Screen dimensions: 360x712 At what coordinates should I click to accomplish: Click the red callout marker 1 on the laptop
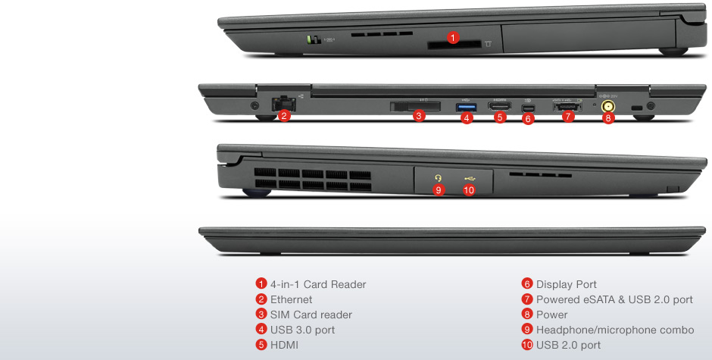[x=453, y=36]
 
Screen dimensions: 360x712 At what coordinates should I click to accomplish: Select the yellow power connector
[x=607, y=107]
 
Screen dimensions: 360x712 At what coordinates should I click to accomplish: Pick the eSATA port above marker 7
[x=567, y=107]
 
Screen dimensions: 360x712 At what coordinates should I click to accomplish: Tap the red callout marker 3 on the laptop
[x=418, y=116]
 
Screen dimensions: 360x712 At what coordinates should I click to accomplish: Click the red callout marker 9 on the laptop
[x=439, y=189]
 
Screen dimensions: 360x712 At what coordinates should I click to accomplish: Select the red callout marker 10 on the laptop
[x=468, y=189]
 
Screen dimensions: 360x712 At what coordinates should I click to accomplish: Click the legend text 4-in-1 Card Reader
[x=318, y=284]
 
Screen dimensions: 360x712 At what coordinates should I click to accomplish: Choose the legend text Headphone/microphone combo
[x=614, y=330]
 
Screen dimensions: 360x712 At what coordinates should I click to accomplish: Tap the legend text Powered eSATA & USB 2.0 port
[x=614, y=299]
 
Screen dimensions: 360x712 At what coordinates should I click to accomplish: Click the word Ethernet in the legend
[x=291, y=299]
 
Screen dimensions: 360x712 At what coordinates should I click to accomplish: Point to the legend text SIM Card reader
[x=311, y=315]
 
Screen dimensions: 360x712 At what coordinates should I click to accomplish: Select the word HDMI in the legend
[x=286, y=345]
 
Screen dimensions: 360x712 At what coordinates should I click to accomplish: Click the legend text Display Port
[x=567, y=284]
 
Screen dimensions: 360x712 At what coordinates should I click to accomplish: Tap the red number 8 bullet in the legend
[x=527, y=315]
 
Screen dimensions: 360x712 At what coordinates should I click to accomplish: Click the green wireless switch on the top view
[x=311, y=39]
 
